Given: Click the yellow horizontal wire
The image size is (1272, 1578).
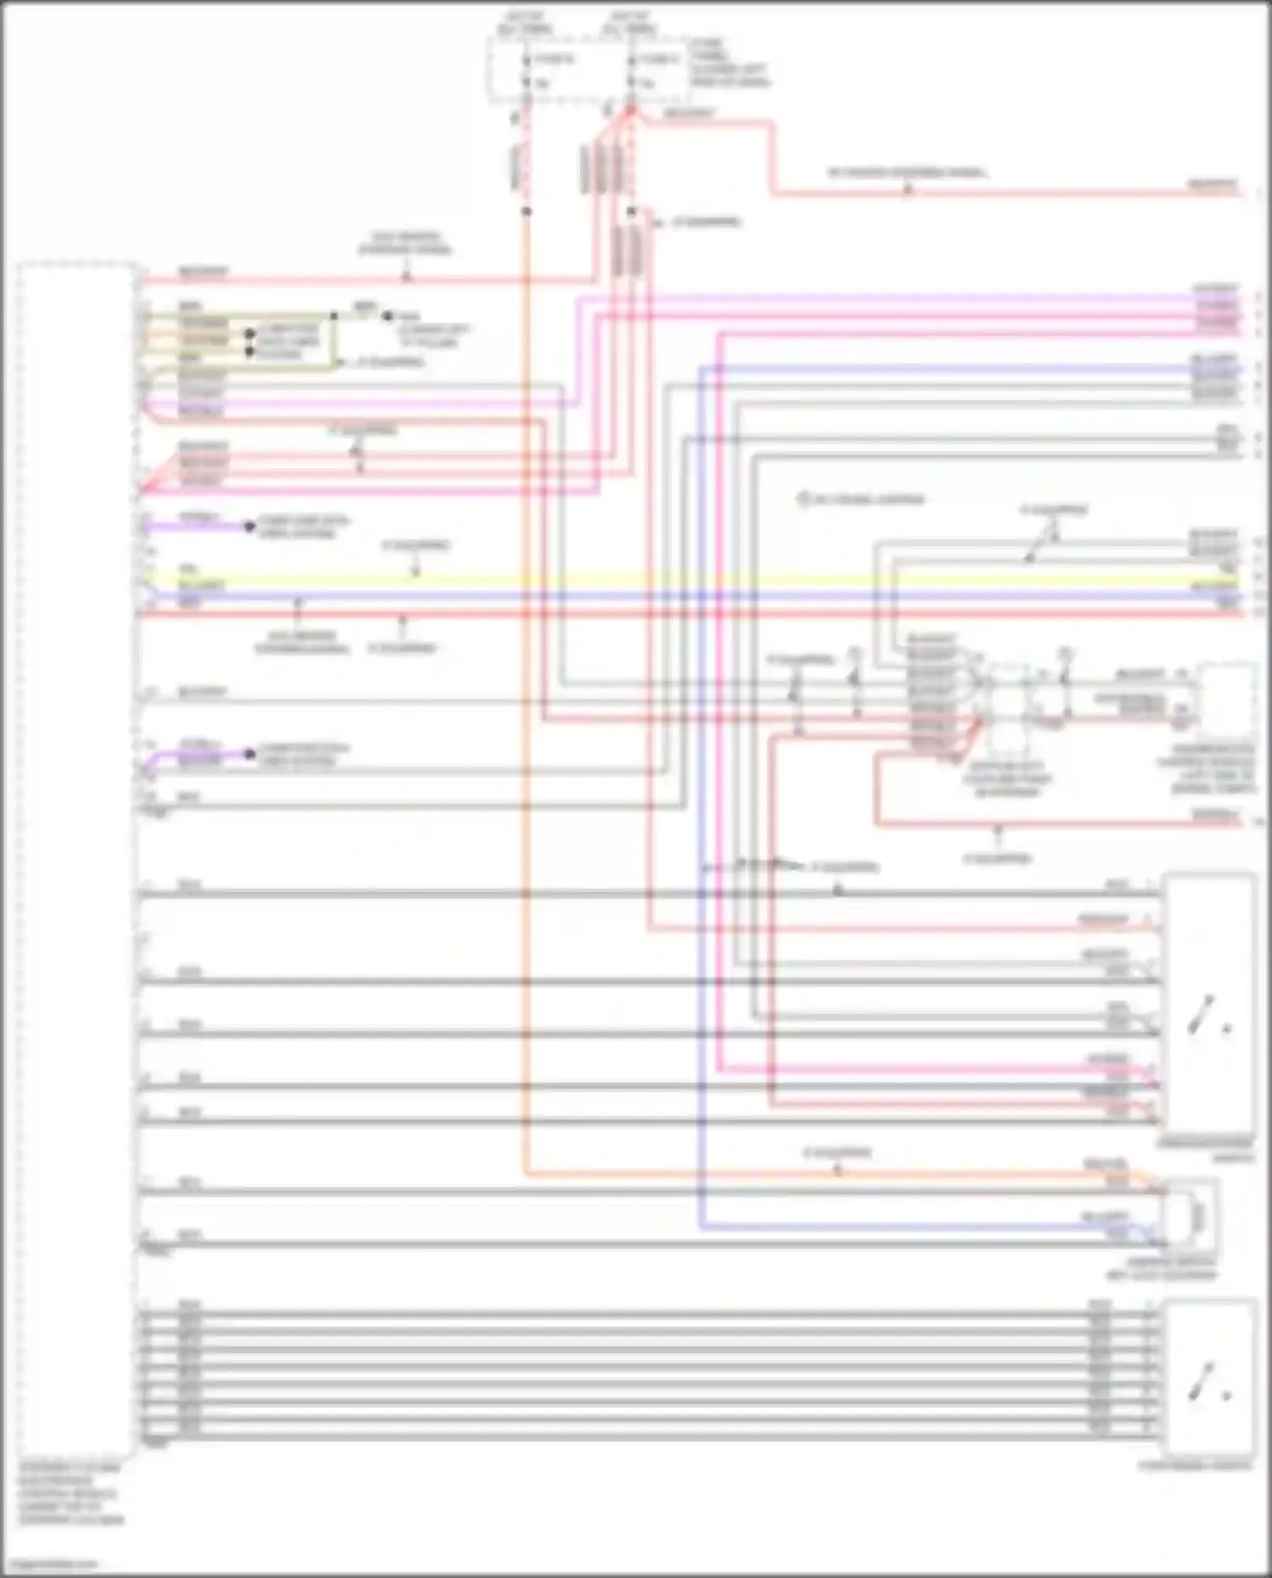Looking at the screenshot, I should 678,580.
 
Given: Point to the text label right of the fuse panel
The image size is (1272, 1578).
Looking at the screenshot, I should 729,63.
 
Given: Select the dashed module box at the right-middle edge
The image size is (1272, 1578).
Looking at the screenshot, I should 1226,700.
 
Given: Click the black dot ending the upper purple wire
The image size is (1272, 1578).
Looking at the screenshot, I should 249,527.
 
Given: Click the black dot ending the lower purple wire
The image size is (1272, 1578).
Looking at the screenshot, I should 249,754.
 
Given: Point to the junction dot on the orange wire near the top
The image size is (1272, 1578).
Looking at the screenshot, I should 526,210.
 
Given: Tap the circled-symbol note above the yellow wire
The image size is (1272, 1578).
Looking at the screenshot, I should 861,499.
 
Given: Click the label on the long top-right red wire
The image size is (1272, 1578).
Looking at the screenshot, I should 907,173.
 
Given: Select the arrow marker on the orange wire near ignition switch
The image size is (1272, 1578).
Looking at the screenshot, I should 837,1170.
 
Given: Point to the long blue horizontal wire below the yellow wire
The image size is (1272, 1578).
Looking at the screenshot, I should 678,596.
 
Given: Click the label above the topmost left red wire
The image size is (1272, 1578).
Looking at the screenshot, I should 405,244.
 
